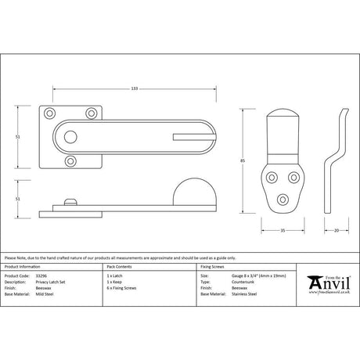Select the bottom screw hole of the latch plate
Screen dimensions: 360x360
[72, 162]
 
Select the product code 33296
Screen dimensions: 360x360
[40, 276]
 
